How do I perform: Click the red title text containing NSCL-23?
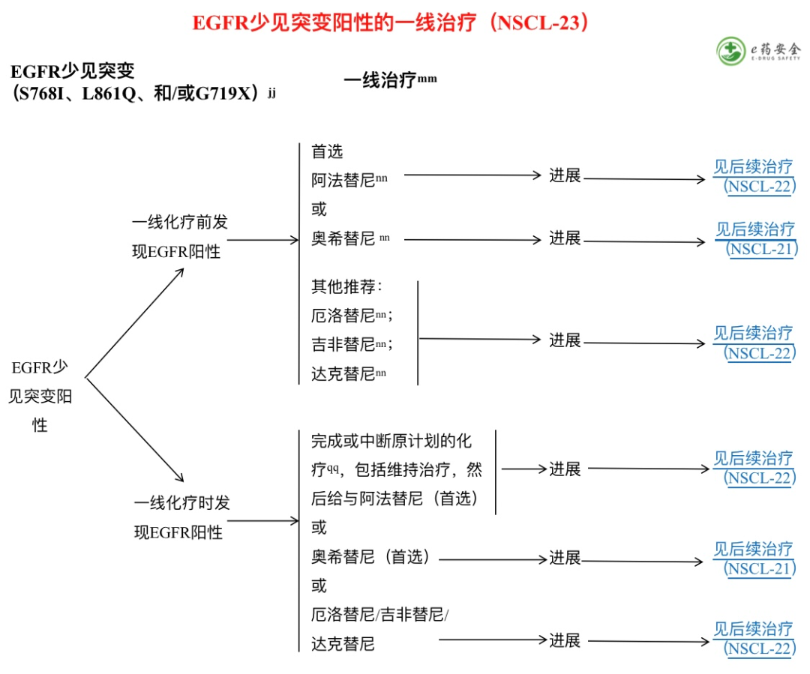(391, 23)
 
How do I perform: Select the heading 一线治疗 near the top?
(380, 81)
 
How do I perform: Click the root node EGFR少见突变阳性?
(40, 396)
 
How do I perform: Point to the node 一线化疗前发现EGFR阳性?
(179, 237)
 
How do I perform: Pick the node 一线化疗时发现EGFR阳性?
(181, 517)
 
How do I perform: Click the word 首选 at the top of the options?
(327, 151)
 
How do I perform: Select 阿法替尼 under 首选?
(343, 180)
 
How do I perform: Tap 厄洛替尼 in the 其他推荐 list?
(343, 316)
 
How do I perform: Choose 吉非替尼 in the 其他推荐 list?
(343, 344)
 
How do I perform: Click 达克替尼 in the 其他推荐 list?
(343, 373)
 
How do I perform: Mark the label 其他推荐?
(345, 287)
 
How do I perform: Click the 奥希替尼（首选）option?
(371, 557)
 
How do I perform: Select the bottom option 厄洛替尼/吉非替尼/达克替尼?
(379, 629)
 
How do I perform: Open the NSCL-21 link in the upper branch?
(755, 239)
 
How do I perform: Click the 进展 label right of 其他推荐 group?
(565, 340)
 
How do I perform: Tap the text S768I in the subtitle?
(46, 95)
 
